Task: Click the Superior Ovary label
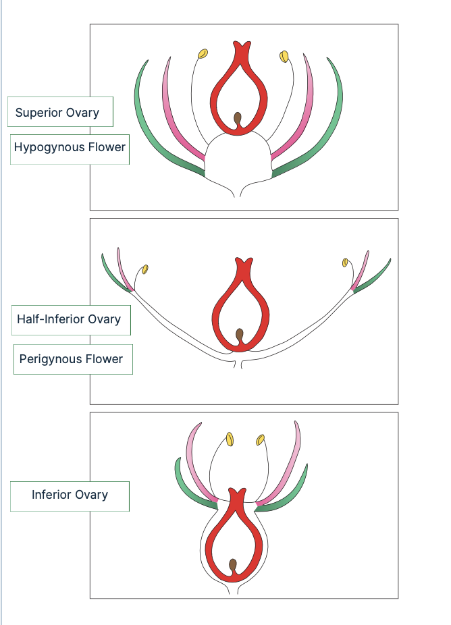coord(60,112)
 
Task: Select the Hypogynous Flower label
coord(70,147)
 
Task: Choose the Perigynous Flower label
coord(73,359)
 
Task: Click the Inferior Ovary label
coord(70,495)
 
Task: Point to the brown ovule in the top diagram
coord(238,119)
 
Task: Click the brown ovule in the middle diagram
coord(240,335)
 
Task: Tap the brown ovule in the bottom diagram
coord(233,565)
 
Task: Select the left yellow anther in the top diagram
coord(202,53)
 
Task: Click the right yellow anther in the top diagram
coord(284,55)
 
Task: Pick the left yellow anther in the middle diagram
coord(144,269)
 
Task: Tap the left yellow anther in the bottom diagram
coord(230,439)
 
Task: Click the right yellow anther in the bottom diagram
coord(261,440)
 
